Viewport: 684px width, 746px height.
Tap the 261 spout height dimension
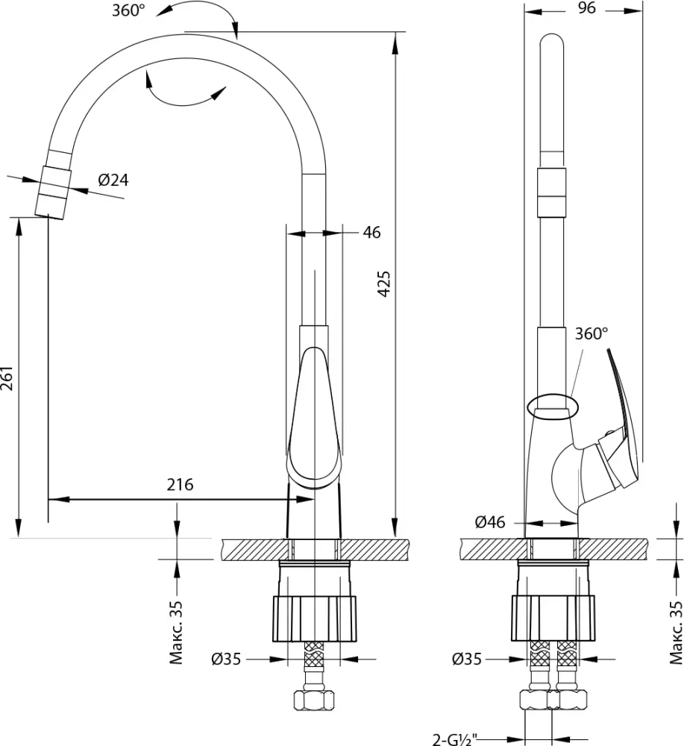click(7, 378)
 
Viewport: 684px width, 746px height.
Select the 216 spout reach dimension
click(181, 484)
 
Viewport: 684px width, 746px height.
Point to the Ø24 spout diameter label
click(113, 180)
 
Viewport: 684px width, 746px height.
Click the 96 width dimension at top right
click(586, 8)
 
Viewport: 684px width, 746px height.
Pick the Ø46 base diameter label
click(490, 522)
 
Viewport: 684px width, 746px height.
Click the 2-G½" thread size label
click(455, 739)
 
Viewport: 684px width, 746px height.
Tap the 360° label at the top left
click(128, 10)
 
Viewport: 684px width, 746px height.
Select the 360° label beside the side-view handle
click(592, 333)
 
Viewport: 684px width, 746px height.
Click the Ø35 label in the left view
click(226, 659)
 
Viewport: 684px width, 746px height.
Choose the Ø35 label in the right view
click(467, 659)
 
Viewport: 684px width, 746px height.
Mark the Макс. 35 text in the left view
click(176, 633)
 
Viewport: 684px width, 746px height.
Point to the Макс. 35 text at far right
click(676, 633)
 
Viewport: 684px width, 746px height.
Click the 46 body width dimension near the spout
click(371, 232)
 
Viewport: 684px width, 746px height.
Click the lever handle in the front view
click(314, 418)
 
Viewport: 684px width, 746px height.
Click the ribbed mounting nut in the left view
click(315, 618)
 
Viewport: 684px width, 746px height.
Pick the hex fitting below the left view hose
click(314, 700)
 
